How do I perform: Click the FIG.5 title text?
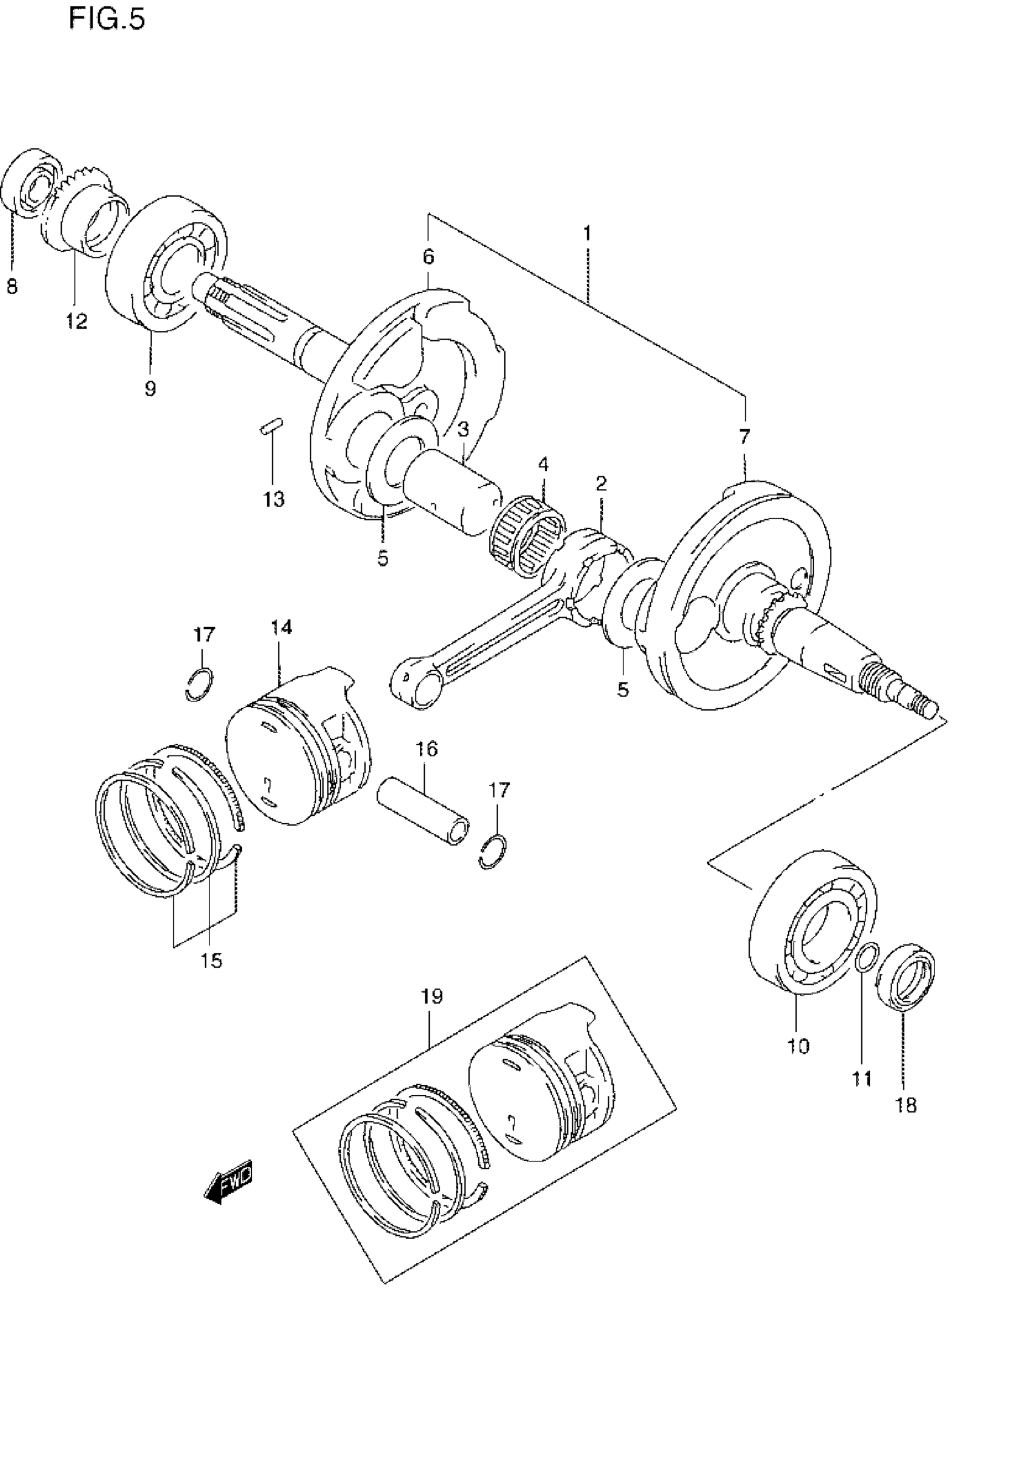[x=107, y=20]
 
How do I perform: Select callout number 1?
[x=587, y=234]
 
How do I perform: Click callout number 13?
[x=274, y=499]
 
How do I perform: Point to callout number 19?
[x=432, y=996]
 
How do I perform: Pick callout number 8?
[x=12, y=287]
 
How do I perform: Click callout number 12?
[x=76, y=321]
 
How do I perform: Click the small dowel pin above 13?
[x=272, y=425]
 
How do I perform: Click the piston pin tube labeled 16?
[x=424, y=813]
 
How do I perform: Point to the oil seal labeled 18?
[x=906, y=977]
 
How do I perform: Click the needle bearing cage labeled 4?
[x=528, y=536]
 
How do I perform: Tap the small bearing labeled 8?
[x=33, y=183]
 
